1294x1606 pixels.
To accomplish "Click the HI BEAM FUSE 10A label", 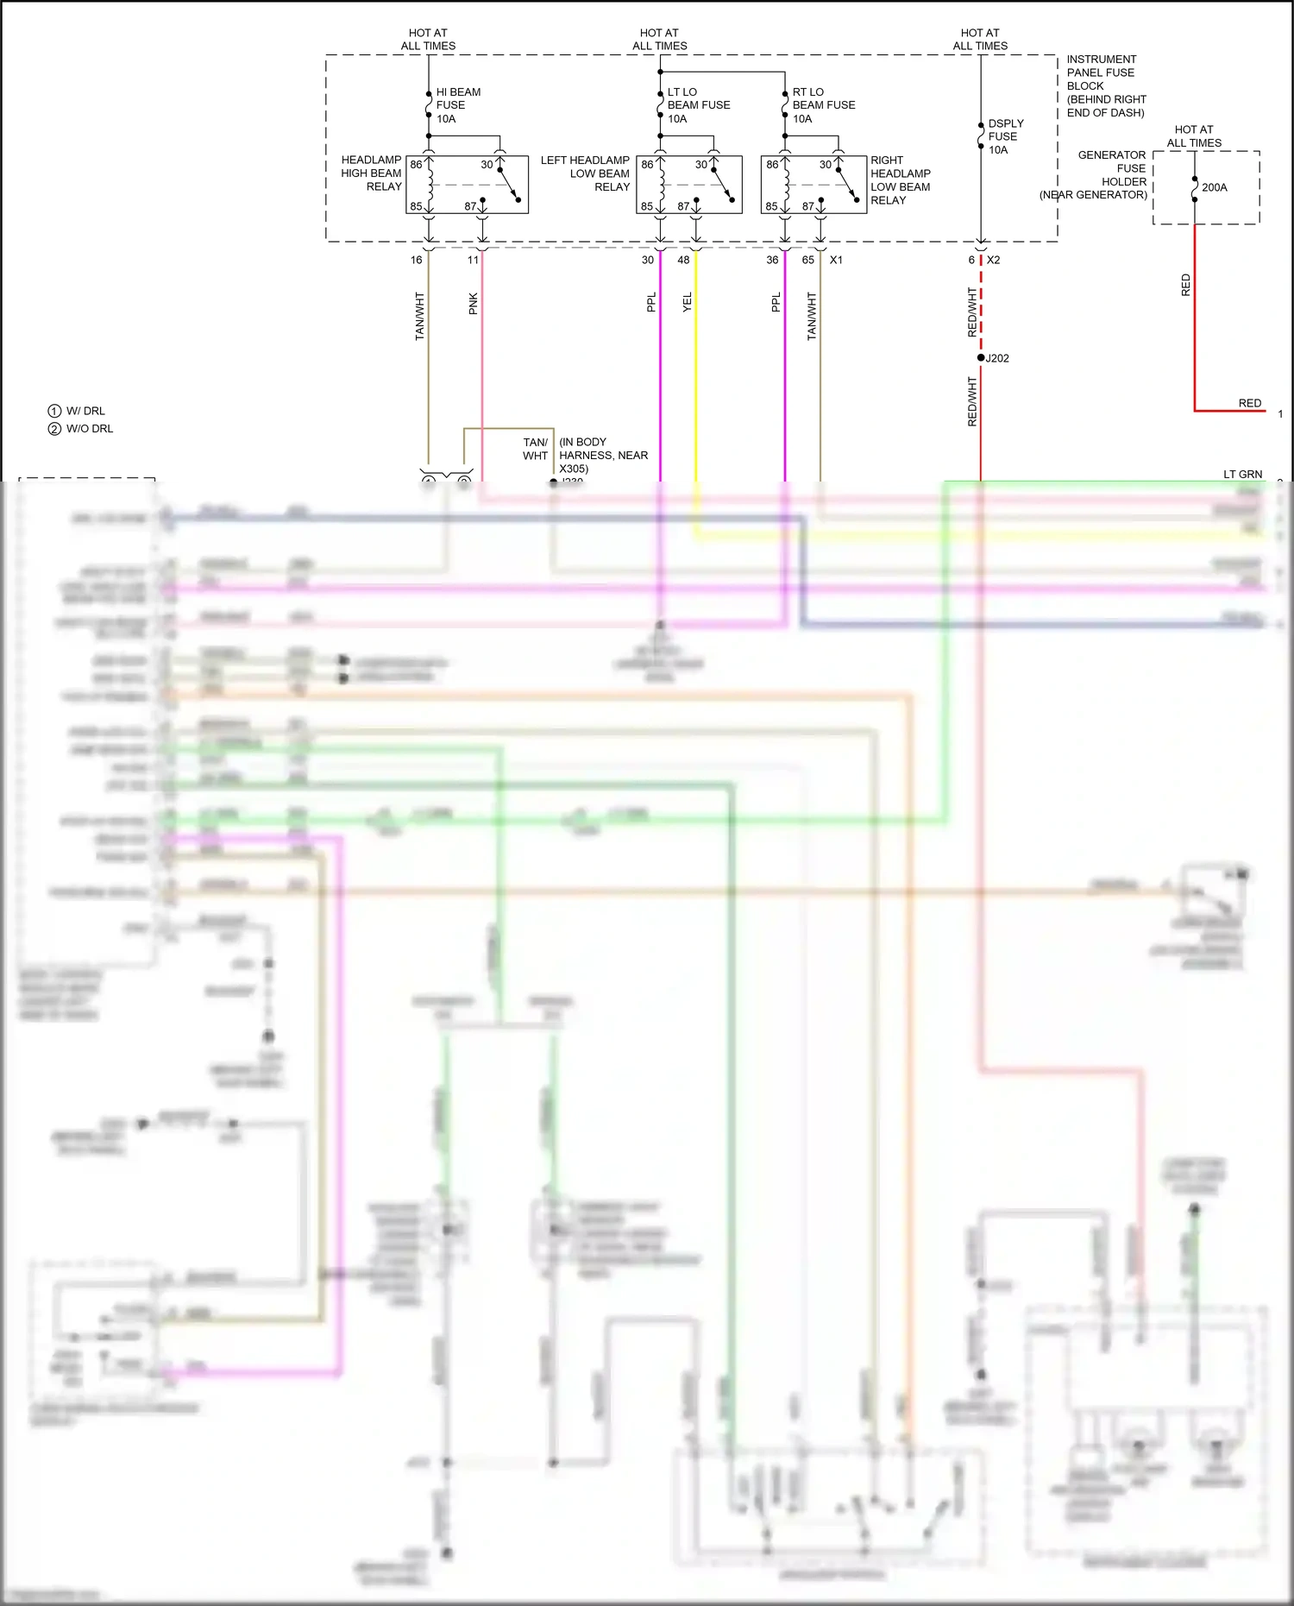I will [457, 105].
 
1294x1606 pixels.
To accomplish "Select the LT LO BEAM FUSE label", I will [698, 105].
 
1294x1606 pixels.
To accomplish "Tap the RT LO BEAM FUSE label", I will [823, 105].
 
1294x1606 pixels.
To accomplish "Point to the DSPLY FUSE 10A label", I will [1005, 136].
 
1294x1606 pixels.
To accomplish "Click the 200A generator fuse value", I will [1214, 187].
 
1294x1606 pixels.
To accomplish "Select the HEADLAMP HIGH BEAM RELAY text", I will [372, 173].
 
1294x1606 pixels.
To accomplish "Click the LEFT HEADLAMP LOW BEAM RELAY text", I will [586, 173].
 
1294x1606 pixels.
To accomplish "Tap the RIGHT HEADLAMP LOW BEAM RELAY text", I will [900, 180].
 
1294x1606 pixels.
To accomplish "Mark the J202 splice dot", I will [981, 357].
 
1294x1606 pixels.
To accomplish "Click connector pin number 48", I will [683, 260].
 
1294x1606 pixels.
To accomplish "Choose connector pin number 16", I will [416, 260].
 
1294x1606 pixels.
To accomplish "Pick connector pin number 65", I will [807, 260].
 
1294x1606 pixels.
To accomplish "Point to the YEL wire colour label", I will [688, 302].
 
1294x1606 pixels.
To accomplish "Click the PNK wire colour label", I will [473, 304].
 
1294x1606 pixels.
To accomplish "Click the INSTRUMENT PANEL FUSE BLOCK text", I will [1105, 85].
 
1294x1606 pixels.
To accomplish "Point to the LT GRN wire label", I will [1242, 474].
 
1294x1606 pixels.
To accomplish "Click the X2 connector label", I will [994, 260].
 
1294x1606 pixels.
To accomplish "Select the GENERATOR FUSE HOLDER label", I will [1112, 174].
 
